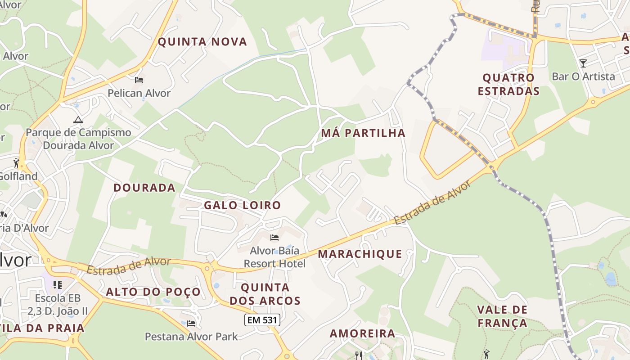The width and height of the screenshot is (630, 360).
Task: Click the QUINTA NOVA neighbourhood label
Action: coord(202,42)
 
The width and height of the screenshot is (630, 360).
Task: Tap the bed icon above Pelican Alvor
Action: coord(139,80)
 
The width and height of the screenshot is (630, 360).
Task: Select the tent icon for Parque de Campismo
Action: coord(78,120)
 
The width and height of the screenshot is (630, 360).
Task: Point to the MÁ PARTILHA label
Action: coord(363,133)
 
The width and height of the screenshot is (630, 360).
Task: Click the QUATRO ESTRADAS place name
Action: coord(508,84)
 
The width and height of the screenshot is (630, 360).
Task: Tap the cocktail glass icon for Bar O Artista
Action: coord(583,63)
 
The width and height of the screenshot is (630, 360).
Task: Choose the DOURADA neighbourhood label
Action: coord(144,188)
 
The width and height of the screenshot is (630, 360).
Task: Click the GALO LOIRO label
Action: coord(243,205)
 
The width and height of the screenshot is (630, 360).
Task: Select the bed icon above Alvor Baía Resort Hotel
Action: coord(274,238)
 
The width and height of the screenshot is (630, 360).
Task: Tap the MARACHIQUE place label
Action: coord(360,254)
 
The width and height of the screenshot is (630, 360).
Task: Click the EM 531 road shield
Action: coord(262,320)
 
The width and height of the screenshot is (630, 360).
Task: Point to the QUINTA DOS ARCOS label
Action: coord(265,294)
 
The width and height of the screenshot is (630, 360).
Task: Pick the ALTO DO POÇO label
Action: coord(153,292)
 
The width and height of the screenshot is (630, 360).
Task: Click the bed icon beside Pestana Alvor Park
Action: coord(191,323)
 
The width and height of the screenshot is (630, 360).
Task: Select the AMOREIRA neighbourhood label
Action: coord(362,333)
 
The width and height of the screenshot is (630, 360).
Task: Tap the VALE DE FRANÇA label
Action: coord(502,316)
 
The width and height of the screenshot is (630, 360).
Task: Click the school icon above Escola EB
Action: coord(58,284)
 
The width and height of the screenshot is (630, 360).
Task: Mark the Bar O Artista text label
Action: coord(583,76)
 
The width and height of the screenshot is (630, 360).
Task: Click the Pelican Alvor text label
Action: coord(139,93)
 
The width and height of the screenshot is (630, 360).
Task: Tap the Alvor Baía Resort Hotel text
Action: coord(274,257)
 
